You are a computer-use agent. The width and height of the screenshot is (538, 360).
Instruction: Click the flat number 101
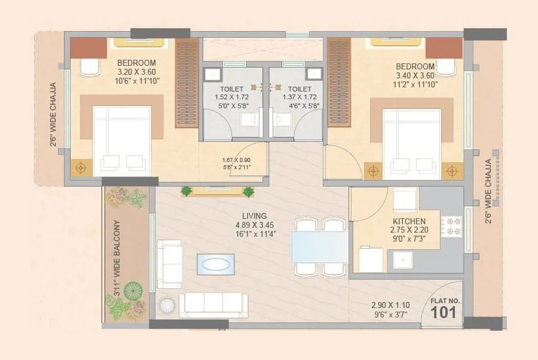point(443,312)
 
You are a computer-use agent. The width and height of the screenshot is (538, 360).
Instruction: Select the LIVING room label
point(251,216)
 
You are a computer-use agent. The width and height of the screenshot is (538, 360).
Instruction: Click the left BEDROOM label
point(136,63)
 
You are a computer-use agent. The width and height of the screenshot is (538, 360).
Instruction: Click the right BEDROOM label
point(415,66)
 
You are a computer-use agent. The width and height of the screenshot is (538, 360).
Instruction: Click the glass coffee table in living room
point(216,264)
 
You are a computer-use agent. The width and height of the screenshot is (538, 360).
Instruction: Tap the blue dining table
point(319,247)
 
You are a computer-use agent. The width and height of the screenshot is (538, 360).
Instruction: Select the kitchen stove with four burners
point(452,226)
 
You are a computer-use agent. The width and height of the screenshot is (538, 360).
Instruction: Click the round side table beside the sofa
point(166,305)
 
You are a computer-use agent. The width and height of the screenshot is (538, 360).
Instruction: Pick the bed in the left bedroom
point(121,141)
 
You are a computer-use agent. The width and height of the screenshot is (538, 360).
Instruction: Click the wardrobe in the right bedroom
point(339,82)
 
